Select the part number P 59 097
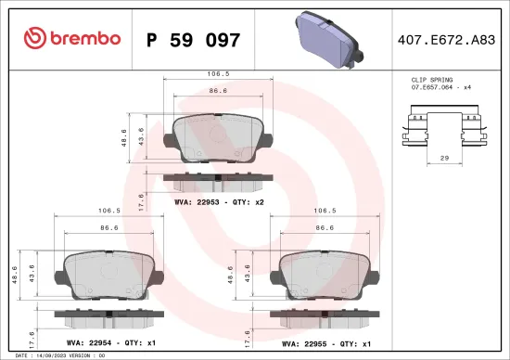click(193, 40)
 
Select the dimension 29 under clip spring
click(444, 161)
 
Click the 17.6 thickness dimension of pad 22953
click(140, 199)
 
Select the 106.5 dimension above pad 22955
click(325, 211)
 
